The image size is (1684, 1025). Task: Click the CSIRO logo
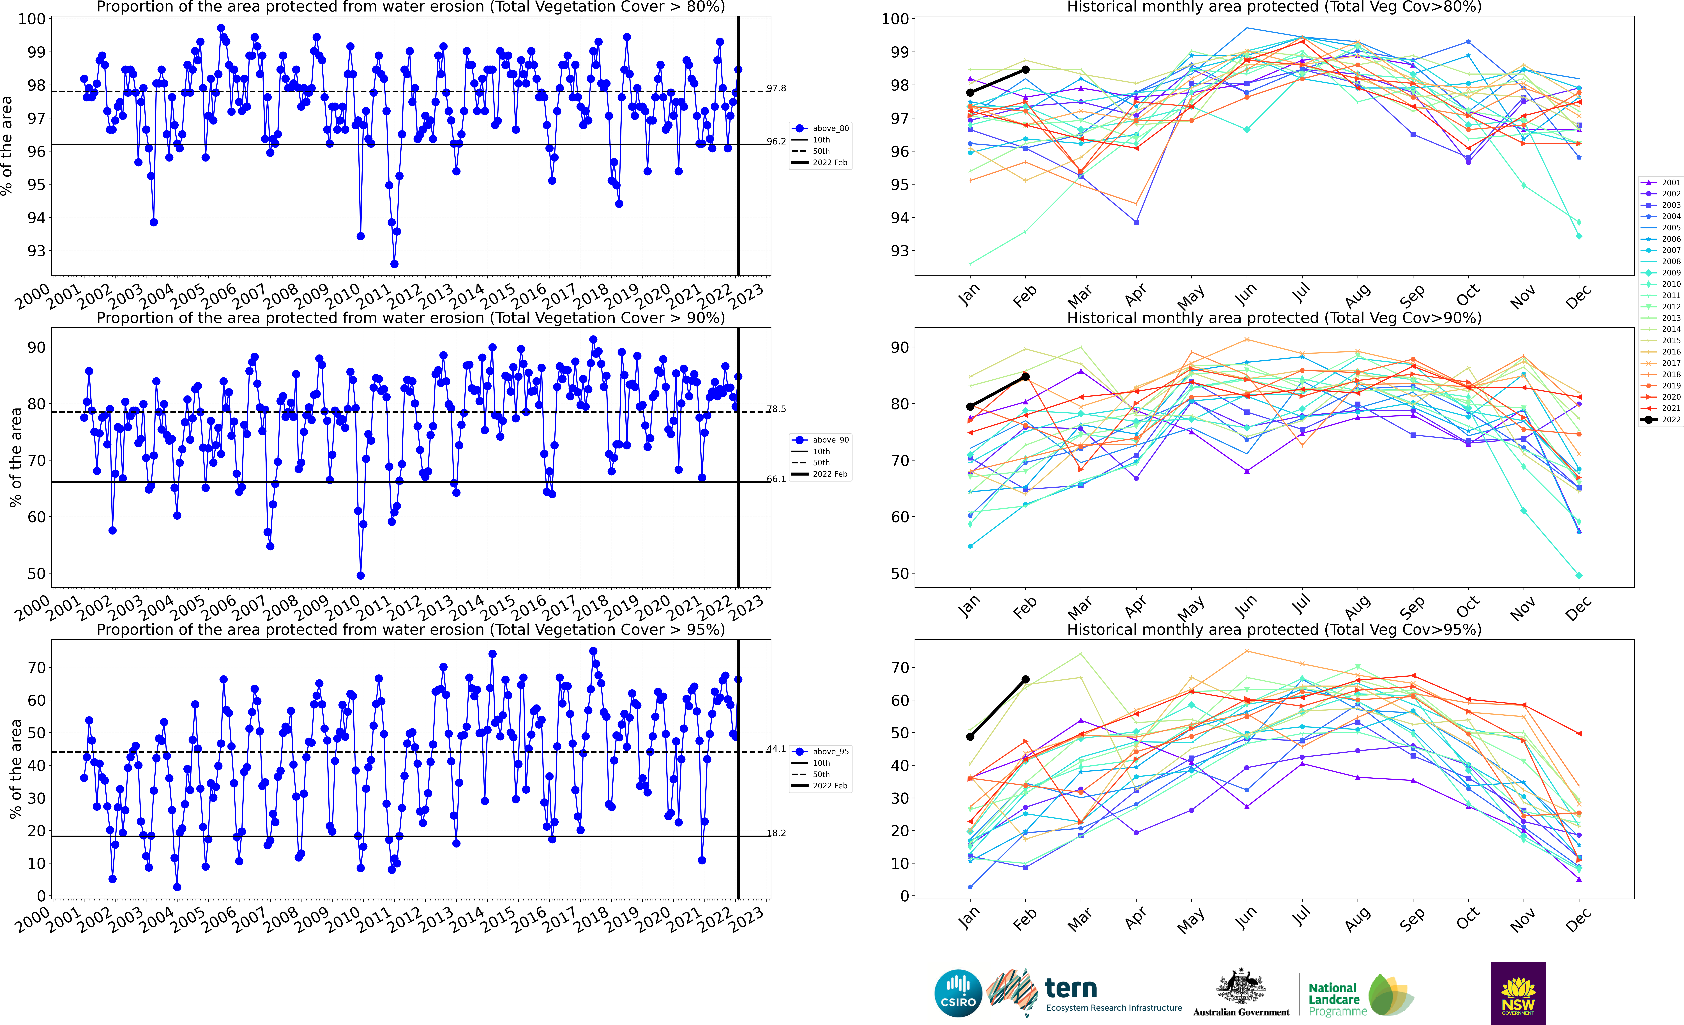(x=958, y=993)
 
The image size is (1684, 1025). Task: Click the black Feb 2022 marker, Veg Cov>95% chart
(x=1025, y=679)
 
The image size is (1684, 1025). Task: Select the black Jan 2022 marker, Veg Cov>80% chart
(x=970, y=92)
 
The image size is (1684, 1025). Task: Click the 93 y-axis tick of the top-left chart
(x=36, y=251)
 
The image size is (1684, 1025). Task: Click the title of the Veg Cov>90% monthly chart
(x=1274, y=318)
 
